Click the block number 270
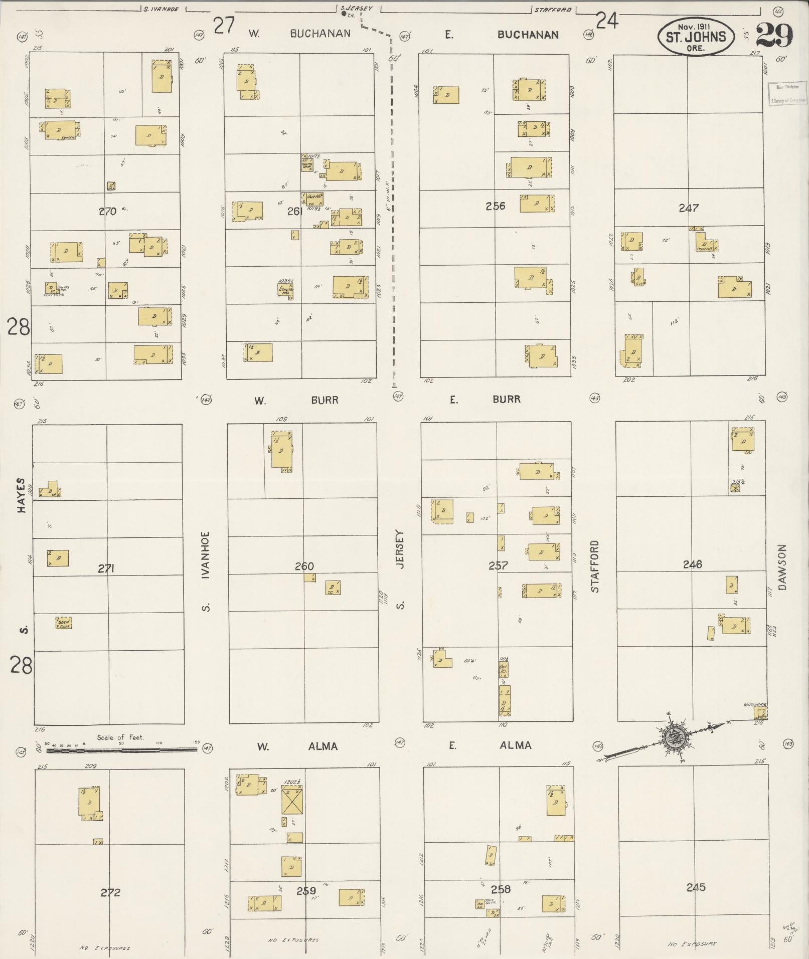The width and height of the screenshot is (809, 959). coord(107,212)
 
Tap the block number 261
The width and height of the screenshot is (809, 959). coord(293,212)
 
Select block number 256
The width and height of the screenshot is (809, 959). coord(495,206)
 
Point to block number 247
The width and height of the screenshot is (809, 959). coord(688,208)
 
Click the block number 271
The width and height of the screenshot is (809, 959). coord(106,568)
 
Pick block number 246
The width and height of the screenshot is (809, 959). coord(692,564)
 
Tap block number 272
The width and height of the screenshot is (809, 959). coord(110,892)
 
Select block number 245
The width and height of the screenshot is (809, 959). coord(696,887)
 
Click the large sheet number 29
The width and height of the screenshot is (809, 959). coord(774,35)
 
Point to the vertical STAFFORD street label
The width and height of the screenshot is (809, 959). coord(595,566)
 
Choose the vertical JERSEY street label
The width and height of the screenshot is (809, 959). coord(400,549)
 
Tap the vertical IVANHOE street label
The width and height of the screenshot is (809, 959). coord(205,555)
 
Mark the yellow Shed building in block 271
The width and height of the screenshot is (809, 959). coord(64,623)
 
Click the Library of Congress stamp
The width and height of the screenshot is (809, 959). coord(788,93)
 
